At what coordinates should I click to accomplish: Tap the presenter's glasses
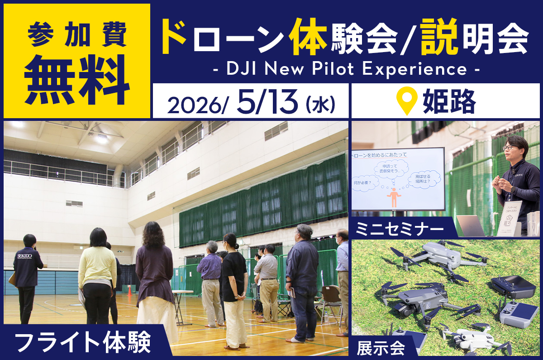pos(510,147)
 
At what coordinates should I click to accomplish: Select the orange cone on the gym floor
pos(130,290)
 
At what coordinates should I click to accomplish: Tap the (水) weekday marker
pos(320,104)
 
